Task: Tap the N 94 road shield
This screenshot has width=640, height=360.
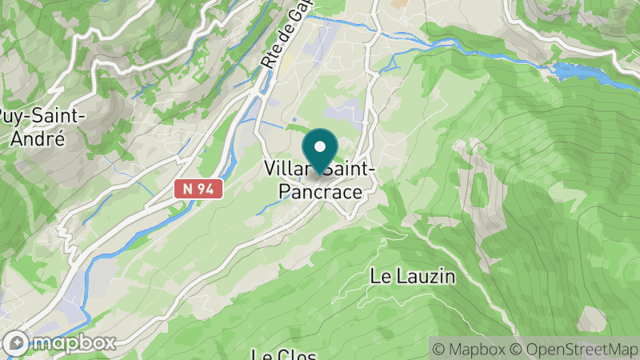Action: [x=197, y=188]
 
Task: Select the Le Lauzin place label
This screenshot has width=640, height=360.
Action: [x=412, y=277]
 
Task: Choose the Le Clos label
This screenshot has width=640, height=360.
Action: [x=285, y=354]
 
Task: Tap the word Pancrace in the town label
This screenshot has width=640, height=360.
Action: [x=319, y=193]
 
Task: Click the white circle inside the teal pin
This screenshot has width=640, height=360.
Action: [x=320, y=146]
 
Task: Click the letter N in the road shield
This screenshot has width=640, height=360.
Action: [x=186, y=188]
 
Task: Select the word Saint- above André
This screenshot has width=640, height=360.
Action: [x=59, y=116]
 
